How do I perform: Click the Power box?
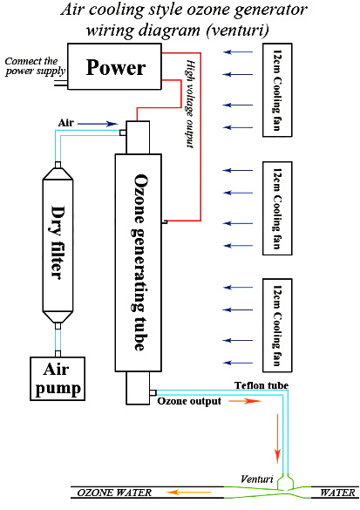coord(114,66)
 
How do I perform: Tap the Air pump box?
coord(58,378)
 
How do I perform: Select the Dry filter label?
coord(58,242)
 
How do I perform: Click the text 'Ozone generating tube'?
coord(139,262)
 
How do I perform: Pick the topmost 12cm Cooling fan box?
coord(277,90)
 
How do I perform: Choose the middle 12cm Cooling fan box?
coord(277,208)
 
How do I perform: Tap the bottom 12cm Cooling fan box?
coord(277,325)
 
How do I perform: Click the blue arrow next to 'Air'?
coord(98,124)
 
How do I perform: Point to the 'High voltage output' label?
coord(191,104)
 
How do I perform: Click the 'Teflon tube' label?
coord(262,385)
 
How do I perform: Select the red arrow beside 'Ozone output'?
coord(245,401)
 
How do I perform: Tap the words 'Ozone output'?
coord(189,401)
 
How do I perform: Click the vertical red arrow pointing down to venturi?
coord(277,439)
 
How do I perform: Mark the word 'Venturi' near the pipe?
coord(257,479)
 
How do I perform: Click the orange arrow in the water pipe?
coord(188,493)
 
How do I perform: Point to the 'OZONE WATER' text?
coord(114,493)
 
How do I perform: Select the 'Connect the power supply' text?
coord(35,66)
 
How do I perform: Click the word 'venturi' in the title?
coord(238,31)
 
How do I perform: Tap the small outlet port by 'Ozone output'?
coord(153,392)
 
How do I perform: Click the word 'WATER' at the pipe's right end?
coord(337,493)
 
